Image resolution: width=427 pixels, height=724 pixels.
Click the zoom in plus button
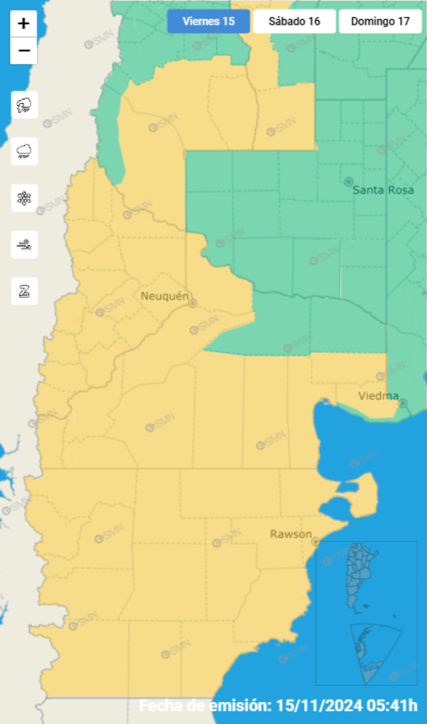coord(24,24)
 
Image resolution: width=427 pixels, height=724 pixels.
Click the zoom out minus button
coord(24,52)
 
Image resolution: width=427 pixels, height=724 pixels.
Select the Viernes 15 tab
coord(208,21)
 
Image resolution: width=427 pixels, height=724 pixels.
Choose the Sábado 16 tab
coord(293,21)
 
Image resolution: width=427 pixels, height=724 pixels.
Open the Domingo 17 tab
coord(380,21)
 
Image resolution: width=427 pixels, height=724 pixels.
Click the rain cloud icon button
coord(24,151)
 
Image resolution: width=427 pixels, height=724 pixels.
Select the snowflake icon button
coord(24,198)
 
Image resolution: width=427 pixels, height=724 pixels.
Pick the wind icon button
coord(24,244)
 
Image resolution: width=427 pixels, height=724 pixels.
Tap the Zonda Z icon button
coord(24,291)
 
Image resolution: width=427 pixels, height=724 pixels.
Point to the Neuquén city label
coord(165,296)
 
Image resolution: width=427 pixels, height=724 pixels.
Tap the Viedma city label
coord(378,396)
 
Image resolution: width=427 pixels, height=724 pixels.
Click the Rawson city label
coord(290,534)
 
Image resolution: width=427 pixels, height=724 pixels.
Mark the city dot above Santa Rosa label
coord(350,181)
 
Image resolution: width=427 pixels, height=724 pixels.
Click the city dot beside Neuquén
coord(193,304)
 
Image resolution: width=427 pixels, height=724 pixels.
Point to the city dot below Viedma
coord(403,404)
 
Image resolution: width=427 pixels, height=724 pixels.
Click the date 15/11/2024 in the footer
coord(318,706)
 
